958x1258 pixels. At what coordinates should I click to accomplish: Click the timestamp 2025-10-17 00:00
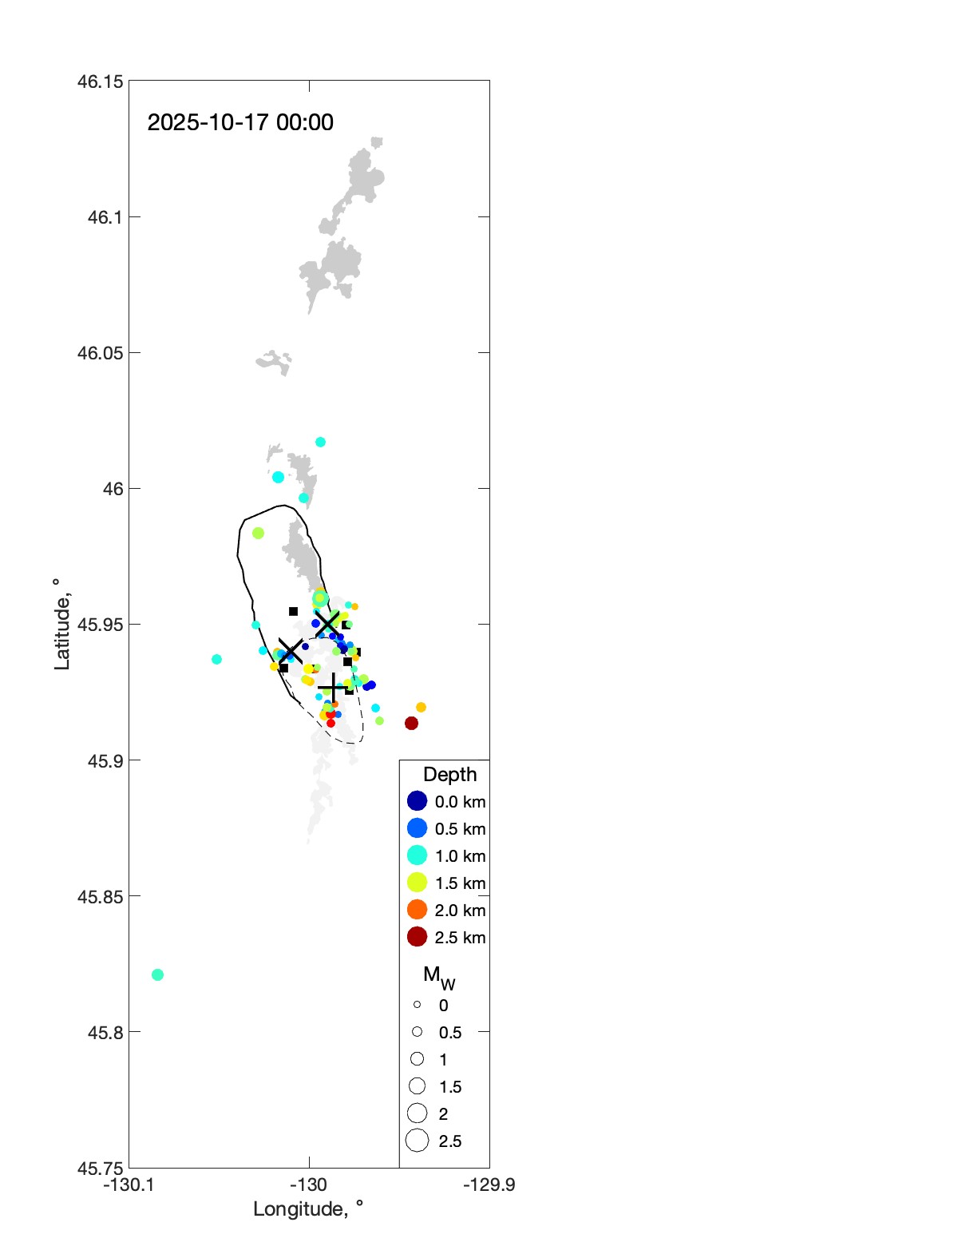[x=240, y=122]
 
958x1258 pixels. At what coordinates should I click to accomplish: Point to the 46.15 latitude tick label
[x=101, y=81]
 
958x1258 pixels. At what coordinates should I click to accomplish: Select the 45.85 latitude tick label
[x=101, y=896]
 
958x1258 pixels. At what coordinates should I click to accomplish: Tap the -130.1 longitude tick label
[x=129, y=1185]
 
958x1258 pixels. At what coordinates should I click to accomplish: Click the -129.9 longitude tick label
[x=489, y=1185]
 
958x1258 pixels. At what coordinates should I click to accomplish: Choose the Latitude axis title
[x=61, y=625]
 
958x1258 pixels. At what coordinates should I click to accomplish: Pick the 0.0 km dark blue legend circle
[x=417, y=801]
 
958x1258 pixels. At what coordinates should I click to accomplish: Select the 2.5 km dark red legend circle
[x=417, y=937]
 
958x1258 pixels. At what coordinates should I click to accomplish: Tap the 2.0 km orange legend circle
[x=417, y=910]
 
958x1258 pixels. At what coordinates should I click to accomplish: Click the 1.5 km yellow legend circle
[x=417, y=883]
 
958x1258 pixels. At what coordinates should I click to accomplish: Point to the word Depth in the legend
[x=449, y=774]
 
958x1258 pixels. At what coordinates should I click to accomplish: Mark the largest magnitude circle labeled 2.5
[x=417, y=1141]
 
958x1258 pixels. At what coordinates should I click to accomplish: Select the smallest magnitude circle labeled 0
[x=417, y=1005]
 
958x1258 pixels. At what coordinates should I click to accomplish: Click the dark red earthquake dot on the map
[x=411, y=723]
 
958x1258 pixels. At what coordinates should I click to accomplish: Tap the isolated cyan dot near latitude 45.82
[x=157, y=974]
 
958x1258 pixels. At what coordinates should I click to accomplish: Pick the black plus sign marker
[x=332, y=688]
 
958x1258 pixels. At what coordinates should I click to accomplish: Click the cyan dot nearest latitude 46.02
[x=320, y=442]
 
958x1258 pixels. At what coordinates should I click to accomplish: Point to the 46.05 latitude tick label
[x=101, y=353]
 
